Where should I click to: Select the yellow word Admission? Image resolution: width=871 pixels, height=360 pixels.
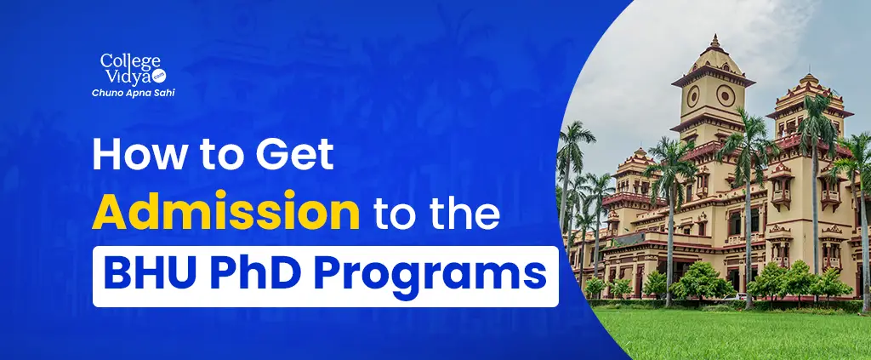pyautogui.click(x=225, y=214)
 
